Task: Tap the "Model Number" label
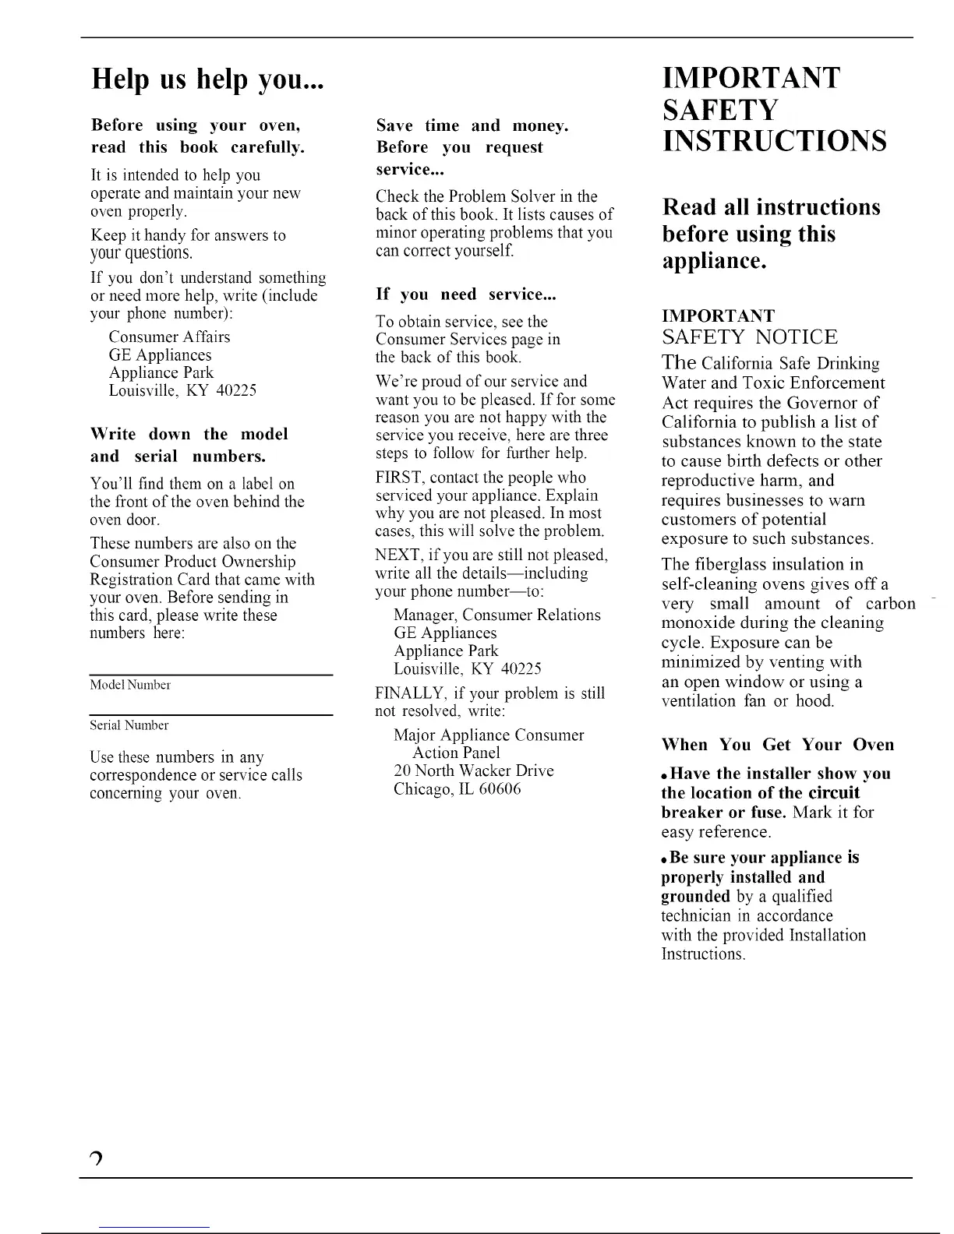pyautogui.click(x=130, y=686)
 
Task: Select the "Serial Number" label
pyautogui.click(x=129, y=726)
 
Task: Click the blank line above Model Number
pyautogui.click(x=211, y=675)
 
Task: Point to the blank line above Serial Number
pyautogui.click(x=211, y=714)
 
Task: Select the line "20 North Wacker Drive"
pyautogui.click(x=474, y=771)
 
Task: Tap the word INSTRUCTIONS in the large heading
pyautogui.click(x=774, y=141)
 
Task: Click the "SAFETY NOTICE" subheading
pyautogui.click(x=750, y=337)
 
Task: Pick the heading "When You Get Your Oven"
pyautogui.click(x=777, y=745)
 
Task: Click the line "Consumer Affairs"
pyautogui.click(x=169, y=337)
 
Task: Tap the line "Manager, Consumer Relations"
pyautogui.click(x=497, y=615)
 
